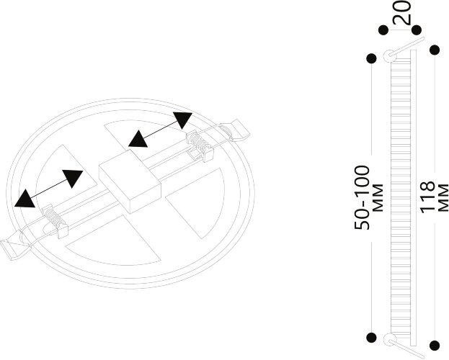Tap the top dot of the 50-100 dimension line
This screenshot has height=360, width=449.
click(371, 58)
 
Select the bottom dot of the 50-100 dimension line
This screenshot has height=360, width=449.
click(371, 336)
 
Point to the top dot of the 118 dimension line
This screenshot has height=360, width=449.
click(435, 50)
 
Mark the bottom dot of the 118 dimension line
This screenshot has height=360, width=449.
click(435, 346)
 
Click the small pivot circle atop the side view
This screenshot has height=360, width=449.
click(390, 55)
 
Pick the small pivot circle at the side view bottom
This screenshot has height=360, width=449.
click(390, 340)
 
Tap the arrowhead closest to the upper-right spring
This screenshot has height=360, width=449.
click(182, 120)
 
